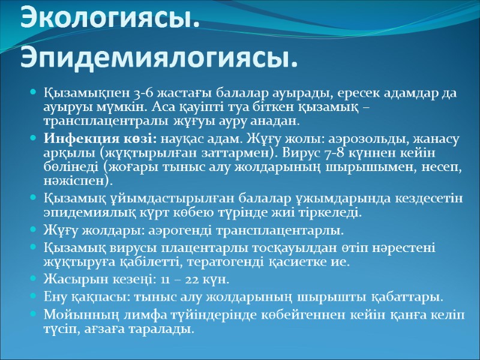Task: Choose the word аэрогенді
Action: [x=166, y=230]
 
